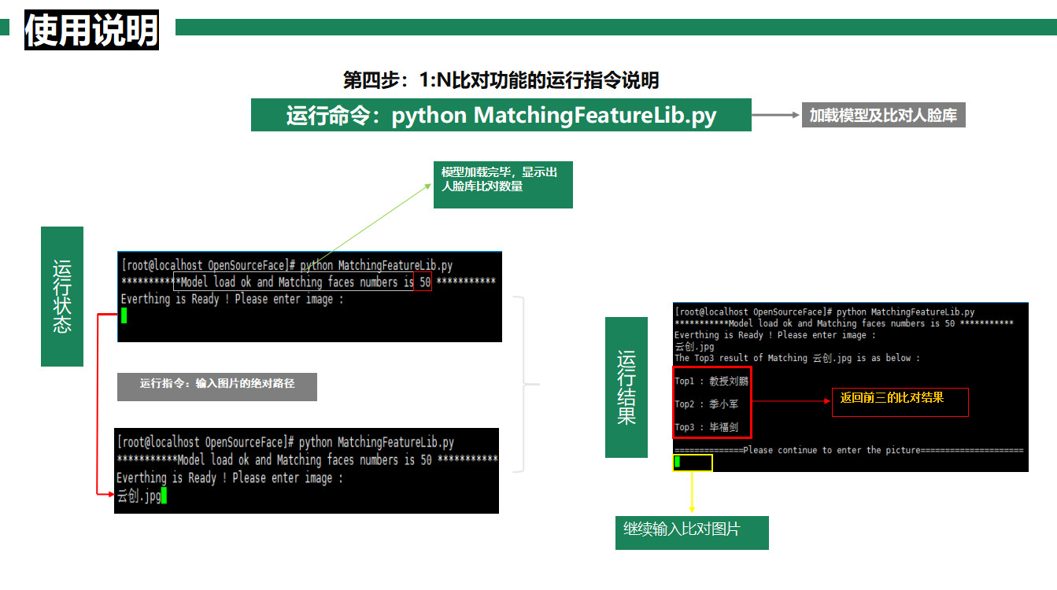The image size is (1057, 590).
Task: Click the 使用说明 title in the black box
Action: click(91, 31)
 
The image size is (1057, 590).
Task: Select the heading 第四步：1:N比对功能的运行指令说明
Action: click(501, 79)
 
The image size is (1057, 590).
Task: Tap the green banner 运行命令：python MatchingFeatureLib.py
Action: click(501, 116)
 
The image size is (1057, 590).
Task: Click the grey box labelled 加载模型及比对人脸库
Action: click(883, 116)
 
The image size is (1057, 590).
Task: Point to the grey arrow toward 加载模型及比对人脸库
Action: click(775, 116)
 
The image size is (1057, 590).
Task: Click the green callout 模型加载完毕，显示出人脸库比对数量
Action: click(502, 186)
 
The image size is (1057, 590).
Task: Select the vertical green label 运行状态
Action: click(62, 296)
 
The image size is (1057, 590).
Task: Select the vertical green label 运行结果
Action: click(626, 387)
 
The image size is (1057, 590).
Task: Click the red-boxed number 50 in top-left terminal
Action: click(425, 282)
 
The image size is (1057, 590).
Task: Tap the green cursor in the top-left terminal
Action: click(124, 315)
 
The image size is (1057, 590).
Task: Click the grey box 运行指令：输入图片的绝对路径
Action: click(217, 385)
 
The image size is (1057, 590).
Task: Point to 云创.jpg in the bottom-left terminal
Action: click(139, 496)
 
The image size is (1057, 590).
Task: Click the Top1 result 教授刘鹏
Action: click(728, 382)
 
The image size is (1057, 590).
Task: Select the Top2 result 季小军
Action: click(723, 404)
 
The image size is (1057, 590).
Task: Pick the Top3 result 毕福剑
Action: click(723, 427)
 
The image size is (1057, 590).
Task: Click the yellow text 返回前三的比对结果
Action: click(892, 398)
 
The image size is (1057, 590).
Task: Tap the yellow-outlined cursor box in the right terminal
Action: click(693, 462)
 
